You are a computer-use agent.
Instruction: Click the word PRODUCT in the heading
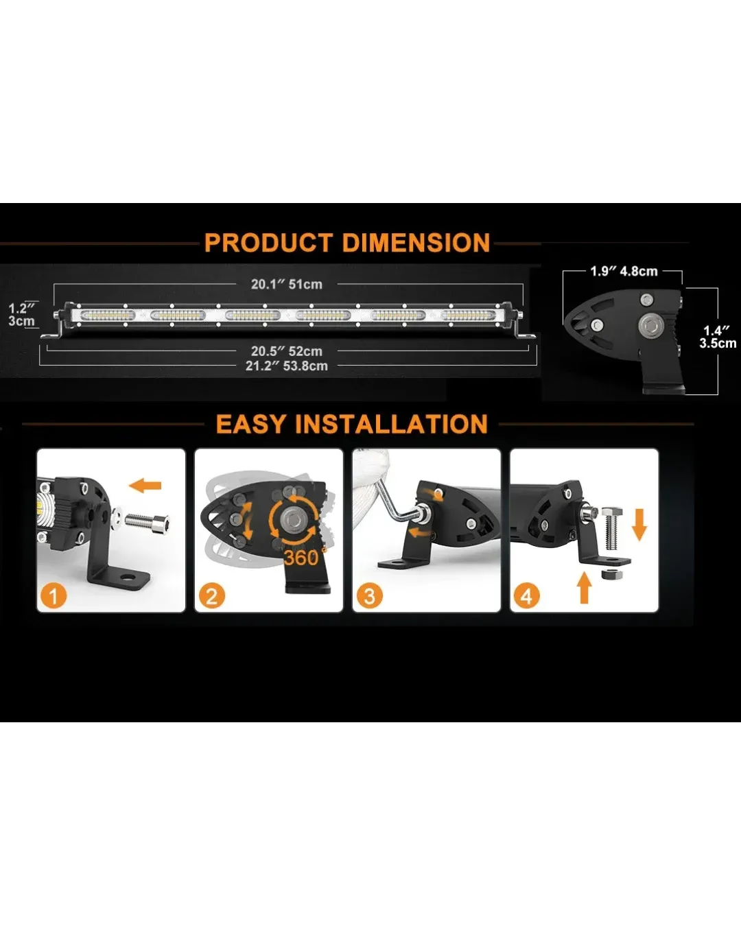coord(269,242)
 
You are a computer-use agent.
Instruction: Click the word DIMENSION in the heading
coord(416,242)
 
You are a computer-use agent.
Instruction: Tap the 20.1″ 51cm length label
coord(287,285)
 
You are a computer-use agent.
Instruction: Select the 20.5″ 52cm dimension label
coord(287,351)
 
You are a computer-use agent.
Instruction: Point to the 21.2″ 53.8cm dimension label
coord(287,366)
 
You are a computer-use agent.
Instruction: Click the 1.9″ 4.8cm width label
coord(624,272)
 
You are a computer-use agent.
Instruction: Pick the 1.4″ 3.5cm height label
coord(717,337)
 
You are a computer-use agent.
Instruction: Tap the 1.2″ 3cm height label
coord(21,315)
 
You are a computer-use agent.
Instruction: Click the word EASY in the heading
coord(250,424)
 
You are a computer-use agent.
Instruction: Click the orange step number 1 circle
coord(54,596)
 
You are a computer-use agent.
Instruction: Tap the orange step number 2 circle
coord(212,596)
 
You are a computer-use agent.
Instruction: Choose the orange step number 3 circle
coord(370,596)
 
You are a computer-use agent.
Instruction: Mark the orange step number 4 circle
coord(527,596)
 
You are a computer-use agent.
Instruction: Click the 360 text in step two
coord(302,558)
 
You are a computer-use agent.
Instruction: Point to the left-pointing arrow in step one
coord(145,486)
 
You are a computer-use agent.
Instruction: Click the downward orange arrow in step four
coord(639,525)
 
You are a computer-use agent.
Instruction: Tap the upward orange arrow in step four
coord(585,587)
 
